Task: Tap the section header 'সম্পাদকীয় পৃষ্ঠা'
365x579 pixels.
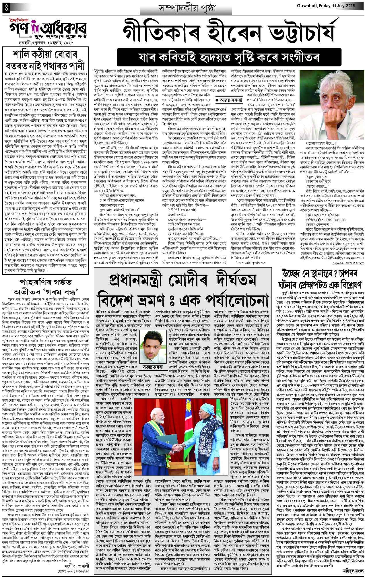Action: (x=185, y=8)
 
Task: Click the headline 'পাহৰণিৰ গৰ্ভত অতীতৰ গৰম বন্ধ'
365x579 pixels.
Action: (x=47, y=287)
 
